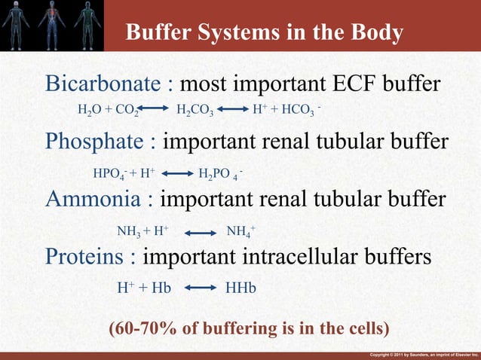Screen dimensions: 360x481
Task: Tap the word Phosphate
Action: (x=94, y=142)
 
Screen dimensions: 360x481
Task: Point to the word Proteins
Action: (x=84, y=256)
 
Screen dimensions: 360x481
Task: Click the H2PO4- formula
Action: (x=219, y=174)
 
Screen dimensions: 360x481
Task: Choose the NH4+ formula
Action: (x=241, y=231)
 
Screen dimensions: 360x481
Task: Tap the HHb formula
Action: (x=241, y=288)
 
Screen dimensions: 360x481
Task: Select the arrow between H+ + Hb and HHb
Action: (x=199, y=288)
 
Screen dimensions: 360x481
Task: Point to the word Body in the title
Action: (x=368, y=33)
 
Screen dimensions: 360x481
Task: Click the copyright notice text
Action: (x=424, y=354)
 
